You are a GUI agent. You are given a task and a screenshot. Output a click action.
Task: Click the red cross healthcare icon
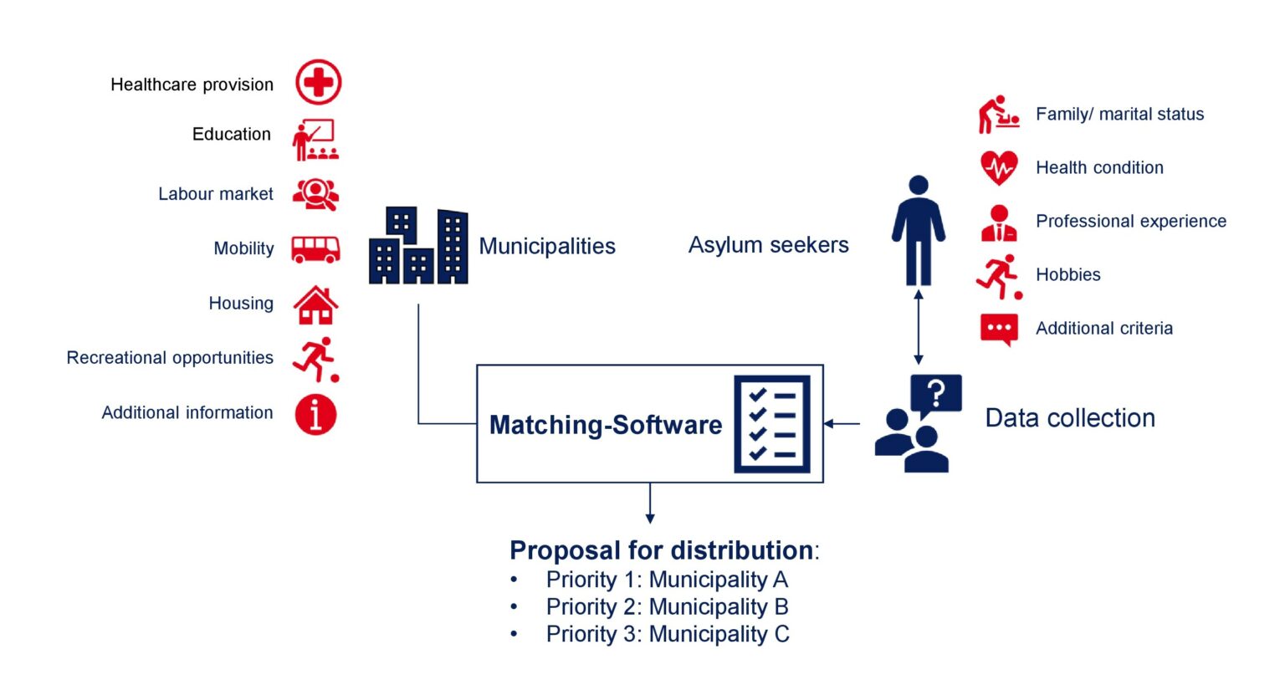pyautogui.click(x=319, y=82)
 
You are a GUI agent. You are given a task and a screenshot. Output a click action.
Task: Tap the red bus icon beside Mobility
pyautogui.click(x=315, y=249)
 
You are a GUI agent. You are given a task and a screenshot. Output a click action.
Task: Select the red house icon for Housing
pyautogui.click(x=315, y=305)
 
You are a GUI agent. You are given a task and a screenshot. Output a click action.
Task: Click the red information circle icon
pyautogui.click(x=315, y=414)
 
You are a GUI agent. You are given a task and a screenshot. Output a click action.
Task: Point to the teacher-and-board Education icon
pyautogui.click(x=315, y=140)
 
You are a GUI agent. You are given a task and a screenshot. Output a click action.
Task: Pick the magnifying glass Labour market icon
pyautogui.click(x=315, y=195)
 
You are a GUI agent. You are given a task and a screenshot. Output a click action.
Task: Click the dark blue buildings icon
pyautogui.click(x=418, y=246)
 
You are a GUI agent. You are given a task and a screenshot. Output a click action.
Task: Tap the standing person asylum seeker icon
pyautogui.click(x=919, y=231)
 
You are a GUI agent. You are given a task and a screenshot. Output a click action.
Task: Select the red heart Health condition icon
pyautogui.click(x=999, y=167)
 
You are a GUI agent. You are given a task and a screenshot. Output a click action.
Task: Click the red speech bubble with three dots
pyautogui.click(x=1000, y=330)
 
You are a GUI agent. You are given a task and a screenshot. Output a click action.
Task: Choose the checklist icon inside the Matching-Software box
pyautogui.click(x=772, y=424)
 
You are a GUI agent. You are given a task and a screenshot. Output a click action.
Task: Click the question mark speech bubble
pyautogui.click(x=935, y=396)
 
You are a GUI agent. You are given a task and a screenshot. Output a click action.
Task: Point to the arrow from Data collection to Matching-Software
pyautogui.click(x=842, y=424)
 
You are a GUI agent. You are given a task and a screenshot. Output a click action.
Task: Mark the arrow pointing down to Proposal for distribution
pyautogui.click(x=650, y=504)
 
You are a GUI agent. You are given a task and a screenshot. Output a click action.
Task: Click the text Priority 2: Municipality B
pyautogui.click(x=667, y=607)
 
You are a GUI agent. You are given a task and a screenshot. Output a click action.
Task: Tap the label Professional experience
pyautogui.click(x=1131, y=221)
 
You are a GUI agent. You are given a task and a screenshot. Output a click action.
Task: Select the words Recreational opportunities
pyautogui.click(x=170, y=357)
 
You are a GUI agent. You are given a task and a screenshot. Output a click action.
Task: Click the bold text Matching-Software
pyautogui.click(x=605, y=425)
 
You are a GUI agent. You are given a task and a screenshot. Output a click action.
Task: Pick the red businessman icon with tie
pyautogui.click(x=999, y=223)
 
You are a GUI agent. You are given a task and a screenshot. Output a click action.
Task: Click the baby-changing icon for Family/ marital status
pyautogui.click(x=999, y=114)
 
